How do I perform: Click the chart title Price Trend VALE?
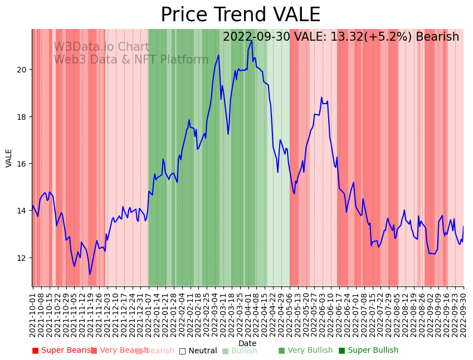(240, 15)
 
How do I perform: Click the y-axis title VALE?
(9, 158)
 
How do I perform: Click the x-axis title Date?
(247, 344)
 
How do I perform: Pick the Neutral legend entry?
(198, 351)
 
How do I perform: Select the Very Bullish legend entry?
(305, 351)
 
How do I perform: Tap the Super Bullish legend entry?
(368, 351)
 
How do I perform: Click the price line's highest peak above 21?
(252, 40)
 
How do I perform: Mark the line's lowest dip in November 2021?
(90, 274)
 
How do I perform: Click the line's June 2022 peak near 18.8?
(321, 98)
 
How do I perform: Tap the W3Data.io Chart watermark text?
(101, 47)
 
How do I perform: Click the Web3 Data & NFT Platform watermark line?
(131, 60)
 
